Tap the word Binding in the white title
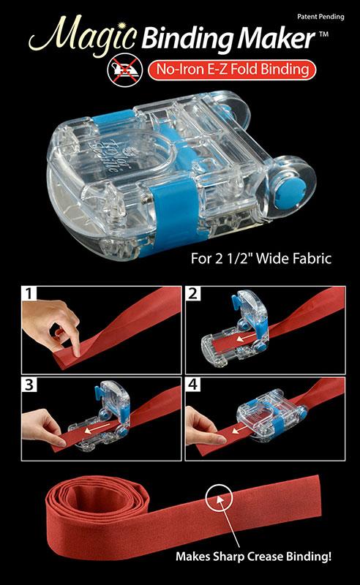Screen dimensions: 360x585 188,39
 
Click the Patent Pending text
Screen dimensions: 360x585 320,17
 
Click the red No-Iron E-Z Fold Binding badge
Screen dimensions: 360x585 232,70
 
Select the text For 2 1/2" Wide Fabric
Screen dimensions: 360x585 261,259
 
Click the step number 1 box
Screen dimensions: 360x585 29,294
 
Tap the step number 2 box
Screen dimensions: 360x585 192,294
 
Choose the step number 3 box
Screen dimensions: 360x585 29,385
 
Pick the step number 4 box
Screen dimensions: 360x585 192,385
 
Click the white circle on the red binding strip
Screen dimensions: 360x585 220,499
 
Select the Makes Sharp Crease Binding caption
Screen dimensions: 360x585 254,556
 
